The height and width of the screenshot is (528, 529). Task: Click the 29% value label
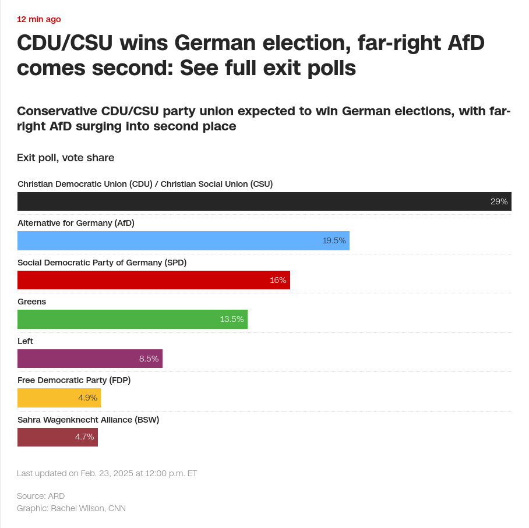pyautogui.click(x=499, y=201)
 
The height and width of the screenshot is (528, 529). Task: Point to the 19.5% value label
pyautogui.click(x=334, y=240)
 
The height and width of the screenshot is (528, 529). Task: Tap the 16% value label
pyautogui.click(x=278, y=280)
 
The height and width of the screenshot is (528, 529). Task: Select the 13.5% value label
pyautogui.click(x=232, y=319)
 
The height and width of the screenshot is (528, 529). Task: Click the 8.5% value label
pyautogui.click(x=149, y=359)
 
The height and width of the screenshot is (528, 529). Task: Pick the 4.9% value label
pyautogui.click(x=87, y=398)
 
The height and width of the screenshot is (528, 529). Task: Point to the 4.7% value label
pyautogui.click(x=84, y=437)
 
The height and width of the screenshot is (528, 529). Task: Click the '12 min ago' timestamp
pyautogui.click(x=39, y=19)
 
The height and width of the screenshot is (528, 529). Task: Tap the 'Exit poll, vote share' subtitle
pyautogui.click(x=66, y=158)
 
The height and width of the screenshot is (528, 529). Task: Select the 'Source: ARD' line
pyautogui.click(x=41, y=496)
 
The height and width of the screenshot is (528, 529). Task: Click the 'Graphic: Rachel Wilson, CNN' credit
pyautogui.click(x=71, y=508)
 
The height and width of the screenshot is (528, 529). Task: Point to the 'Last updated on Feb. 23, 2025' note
pyautogui.click(x=107, y=473)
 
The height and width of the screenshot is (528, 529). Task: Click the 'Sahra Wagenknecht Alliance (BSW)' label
pyautogui.click(x=88, y=420)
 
